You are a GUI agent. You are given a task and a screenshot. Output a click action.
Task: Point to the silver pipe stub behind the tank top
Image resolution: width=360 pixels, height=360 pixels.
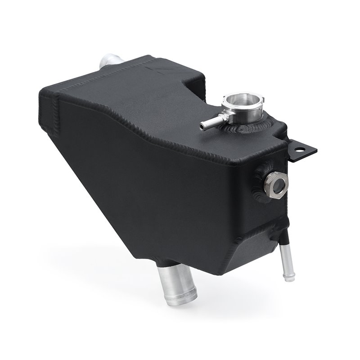pos(108,61)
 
